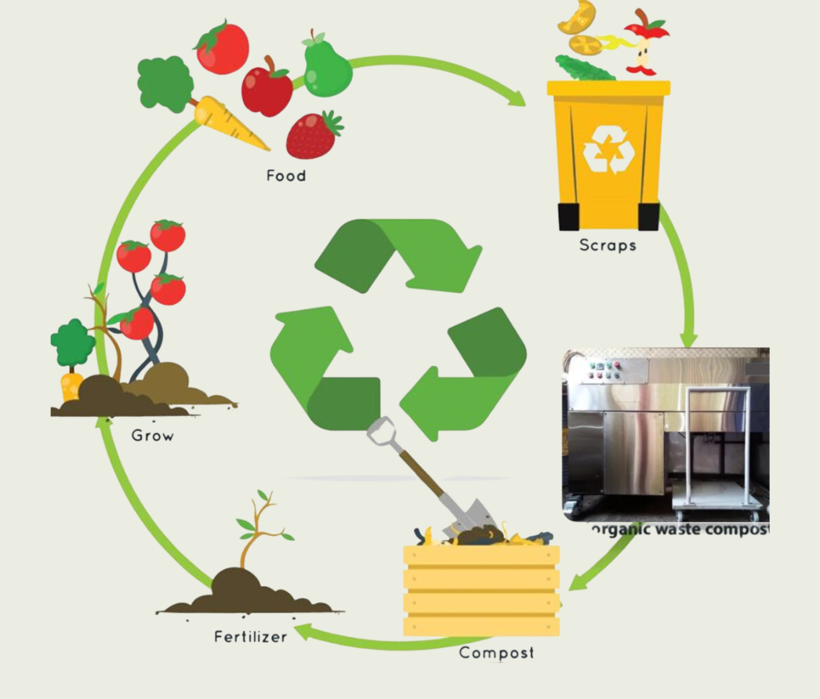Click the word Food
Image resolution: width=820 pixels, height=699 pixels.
coord(285,176)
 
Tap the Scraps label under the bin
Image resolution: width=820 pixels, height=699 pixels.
coord(607,245)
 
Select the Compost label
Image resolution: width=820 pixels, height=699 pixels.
coord(496,652)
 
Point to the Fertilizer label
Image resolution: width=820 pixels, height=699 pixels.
coord(250,636)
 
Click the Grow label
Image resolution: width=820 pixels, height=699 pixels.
coord(152,435)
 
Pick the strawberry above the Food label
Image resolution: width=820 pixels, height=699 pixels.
coord(313,135)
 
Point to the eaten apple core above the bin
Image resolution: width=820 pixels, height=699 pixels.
coord(645,47)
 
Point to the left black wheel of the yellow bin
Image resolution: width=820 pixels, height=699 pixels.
coord(568,216)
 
